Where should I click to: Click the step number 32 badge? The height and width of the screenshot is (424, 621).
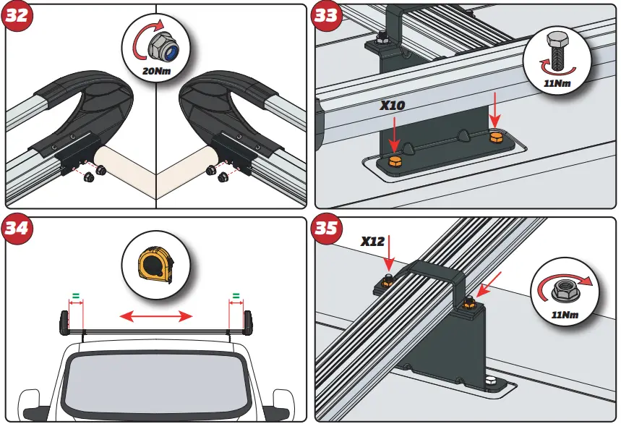[18, 17]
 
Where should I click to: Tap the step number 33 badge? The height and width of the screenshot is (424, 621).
[327, 17]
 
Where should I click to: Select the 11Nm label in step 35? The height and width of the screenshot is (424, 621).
[562, 315]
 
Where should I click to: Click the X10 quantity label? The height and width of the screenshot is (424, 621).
[393, 106]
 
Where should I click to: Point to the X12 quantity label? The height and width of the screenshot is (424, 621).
[372, 241]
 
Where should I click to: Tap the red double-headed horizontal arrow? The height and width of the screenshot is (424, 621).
[156, 315]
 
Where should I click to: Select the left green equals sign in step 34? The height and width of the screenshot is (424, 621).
[74, 295]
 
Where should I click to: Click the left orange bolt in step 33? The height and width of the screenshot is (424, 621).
[395, 161]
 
